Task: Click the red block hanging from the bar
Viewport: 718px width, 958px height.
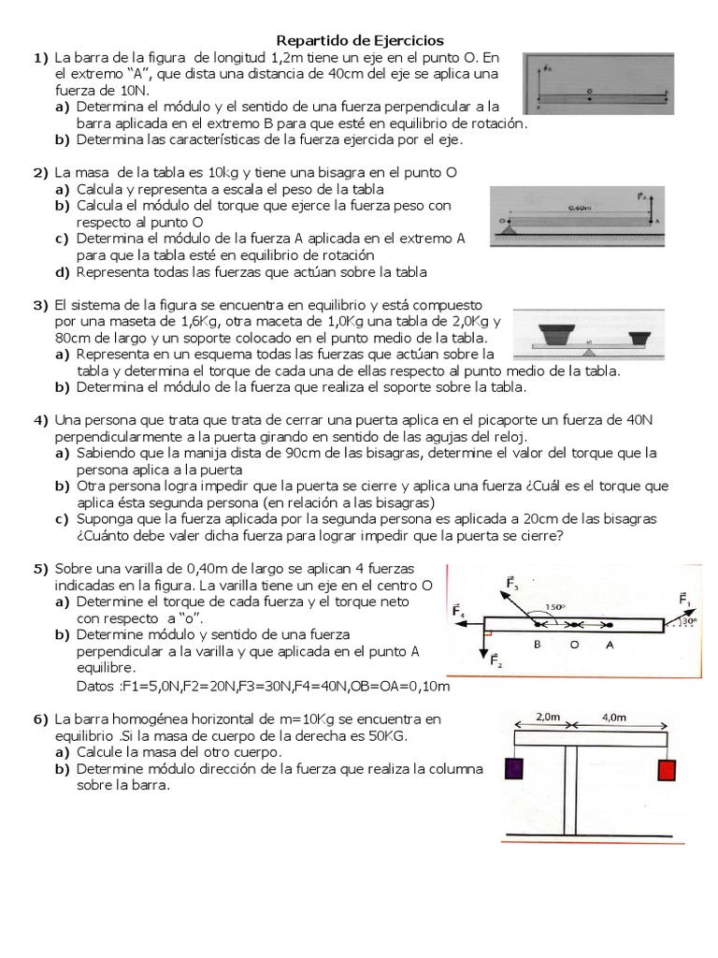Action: pyautogui.click(x=667, y=770)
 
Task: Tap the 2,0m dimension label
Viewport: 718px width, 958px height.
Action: pyautogui.click(x=550, y=716)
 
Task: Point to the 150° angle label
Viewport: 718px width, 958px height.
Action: pyautogui.click(x=556, y=606)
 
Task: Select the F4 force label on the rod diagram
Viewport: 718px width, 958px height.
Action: pyautogui.click(x=459, y=611)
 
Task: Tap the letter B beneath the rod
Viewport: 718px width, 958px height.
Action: pyautogui.click(x=537, y=644)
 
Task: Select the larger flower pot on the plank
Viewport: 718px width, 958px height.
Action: pyautogui.click(x=558, y=332)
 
